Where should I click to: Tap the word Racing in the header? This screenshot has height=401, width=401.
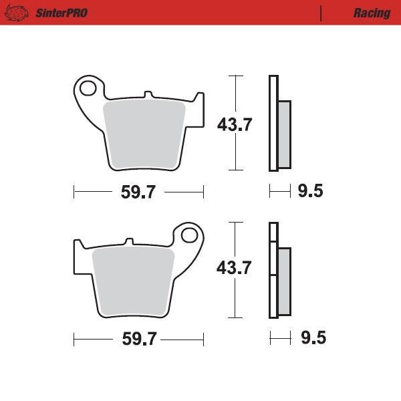click(372, 13)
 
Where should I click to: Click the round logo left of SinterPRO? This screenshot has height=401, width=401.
click(18, 13)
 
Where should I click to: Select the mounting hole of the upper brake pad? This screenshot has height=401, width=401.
click(88, 87)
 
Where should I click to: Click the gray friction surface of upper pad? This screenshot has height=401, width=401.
click(144, 134)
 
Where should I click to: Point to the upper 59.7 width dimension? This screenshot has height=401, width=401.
click(138, 192)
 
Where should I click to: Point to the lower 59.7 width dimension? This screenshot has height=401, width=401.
click(138, 339)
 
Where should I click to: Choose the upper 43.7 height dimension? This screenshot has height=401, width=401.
click(234, 124)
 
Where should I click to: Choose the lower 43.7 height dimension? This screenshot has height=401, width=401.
click(234, 269)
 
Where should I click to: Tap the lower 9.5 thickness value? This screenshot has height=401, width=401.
click(312, 338)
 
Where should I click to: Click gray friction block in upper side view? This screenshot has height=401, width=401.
click(283, 134)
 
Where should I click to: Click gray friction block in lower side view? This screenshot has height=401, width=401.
click(283, 281)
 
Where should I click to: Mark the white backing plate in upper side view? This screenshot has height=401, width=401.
click(272, 124)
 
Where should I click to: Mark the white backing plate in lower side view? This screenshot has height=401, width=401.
click(272, 281)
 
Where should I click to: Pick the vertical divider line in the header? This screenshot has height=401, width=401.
click(321, 13)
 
